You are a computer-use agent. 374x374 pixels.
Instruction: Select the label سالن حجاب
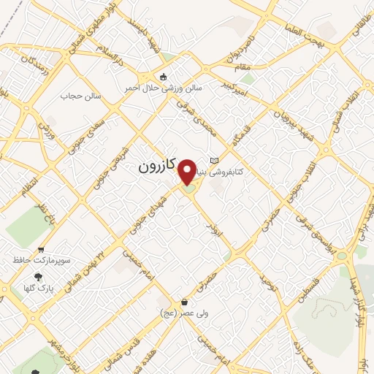tap(78, 96)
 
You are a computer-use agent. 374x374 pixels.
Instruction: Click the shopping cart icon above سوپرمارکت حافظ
tap(42, 249)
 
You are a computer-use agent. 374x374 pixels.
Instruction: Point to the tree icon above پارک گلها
tap(36, 276)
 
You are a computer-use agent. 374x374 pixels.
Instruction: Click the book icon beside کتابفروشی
tap(213, 161)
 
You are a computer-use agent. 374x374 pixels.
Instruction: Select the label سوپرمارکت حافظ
tap(42, 259)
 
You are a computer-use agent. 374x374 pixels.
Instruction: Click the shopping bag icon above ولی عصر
tap(185, 302)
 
